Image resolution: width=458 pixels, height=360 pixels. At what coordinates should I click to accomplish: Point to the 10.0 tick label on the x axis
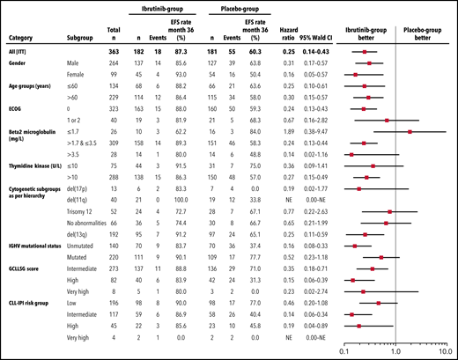447,350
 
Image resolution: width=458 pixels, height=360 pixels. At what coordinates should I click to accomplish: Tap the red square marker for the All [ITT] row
366,53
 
